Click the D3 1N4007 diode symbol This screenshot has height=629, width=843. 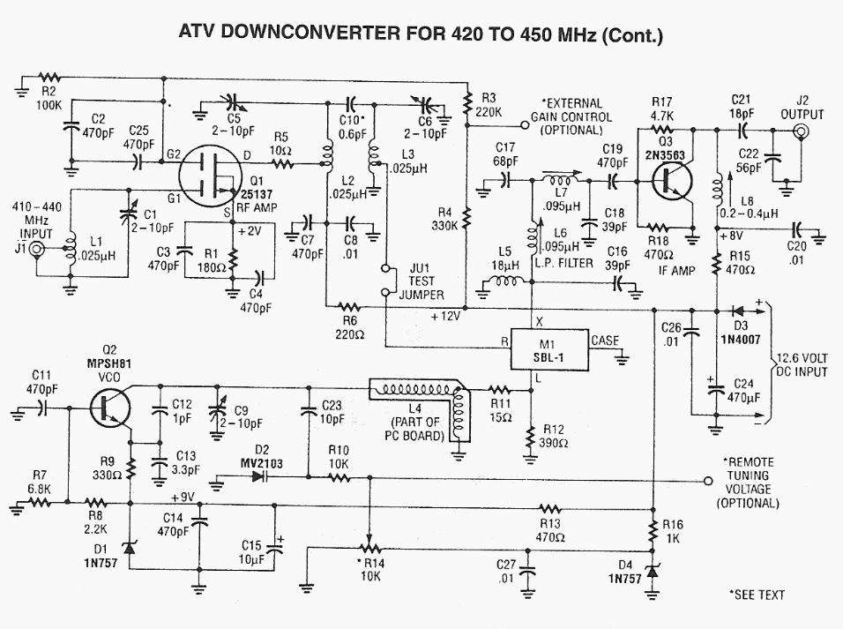[x=736, y=311]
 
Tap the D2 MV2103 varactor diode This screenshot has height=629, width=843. [x=257, y=477]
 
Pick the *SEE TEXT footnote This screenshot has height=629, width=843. [x=757, y=595]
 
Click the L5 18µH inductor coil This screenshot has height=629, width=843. [x=504, y=284]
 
